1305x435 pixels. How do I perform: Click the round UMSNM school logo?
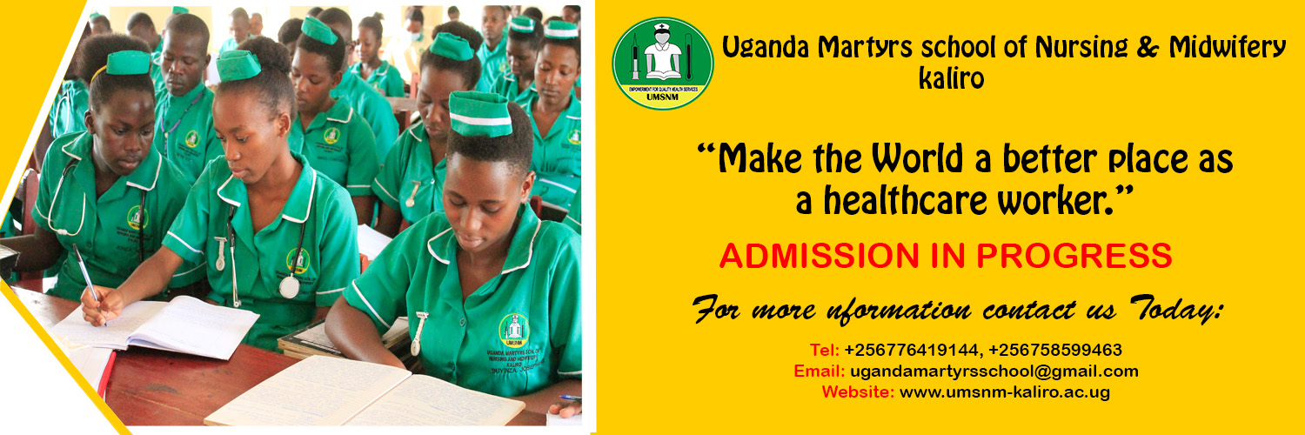click(662, 63)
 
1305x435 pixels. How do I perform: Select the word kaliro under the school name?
click(952, 78)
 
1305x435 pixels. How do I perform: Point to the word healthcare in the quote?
click(906, 201)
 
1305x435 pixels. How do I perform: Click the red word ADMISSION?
click(820, 256)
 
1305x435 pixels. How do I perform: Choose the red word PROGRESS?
click(1074, 256)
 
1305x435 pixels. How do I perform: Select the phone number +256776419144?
click(912, 350)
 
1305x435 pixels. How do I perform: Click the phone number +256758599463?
click(1055, 350)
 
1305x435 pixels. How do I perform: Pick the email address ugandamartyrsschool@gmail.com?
click(994, 371)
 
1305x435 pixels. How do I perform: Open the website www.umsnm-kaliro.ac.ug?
click(1004, 391)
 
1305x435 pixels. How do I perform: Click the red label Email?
click(820, 371)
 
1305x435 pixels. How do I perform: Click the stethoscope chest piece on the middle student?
click(289, 287)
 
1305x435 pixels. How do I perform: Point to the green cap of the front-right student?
click(480, 114)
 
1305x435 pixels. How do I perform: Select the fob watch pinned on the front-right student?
click(418, 333)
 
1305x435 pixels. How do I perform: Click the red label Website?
click(858, 391)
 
